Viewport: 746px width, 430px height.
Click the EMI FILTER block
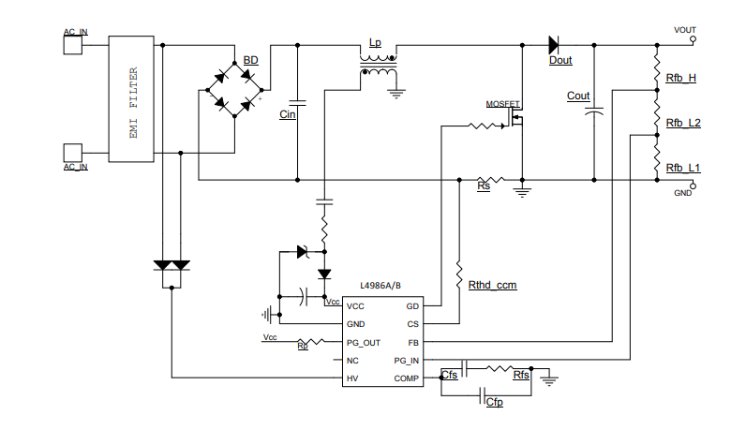click(132, 100)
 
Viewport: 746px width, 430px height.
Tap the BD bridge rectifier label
click(250, 61)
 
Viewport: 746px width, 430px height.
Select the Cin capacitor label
click(288, 114)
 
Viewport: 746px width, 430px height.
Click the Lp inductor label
click(375, 43)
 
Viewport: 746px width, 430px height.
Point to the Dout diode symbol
click(554, 44)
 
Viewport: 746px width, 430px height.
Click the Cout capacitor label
click(578, 96)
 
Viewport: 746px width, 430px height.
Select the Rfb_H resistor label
click(680, 78)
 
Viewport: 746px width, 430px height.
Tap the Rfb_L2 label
click(683, 123)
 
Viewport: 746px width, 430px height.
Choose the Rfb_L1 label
click(683, 168)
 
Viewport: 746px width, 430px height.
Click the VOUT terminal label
click(685, 30)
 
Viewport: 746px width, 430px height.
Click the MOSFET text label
click(502, 104)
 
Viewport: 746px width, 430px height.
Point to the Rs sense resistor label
click(484, 187)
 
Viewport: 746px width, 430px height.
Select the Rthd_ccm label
click(493, 284)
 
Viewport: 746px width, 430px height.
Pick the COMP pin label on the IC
click(407, 378)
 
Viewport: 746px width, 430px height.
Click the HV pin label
click(352, 378)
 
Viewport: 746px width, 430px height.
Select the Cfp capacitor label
click(494, 402)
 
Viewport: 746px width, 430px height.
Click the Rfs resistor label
click(521, 375)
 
